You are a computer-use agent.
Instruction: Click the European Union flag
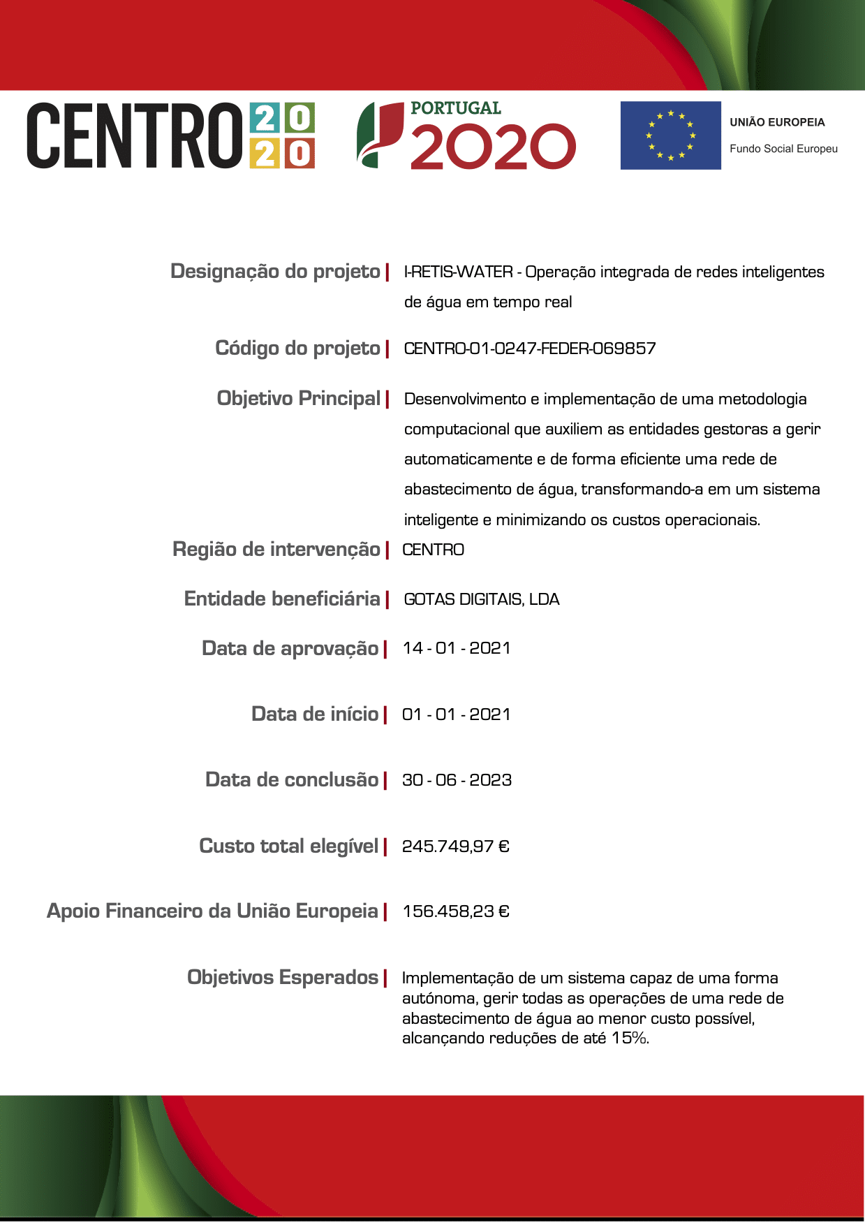[x=670, y=135]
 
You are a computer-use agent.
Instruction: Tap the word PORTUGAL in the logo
[x=455, y=108]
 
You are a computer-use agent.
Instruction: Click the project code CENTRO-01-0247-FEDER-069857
[x=530, y=348]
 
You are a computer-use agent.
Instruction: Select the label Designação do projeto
[x=275, y=271]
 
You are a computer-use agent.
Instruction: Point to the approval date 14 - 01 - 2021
[x=457, y=648]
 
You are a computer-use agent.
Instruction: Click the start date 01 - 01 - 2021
[x=457, y=714]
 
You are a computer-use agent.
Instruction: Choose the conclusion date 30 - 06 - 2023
[x=457, y=780]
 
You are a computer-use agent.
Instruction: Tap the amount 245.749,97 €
[x=456, y=846]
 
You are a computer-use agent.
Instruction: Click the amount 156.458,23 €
[x=456, y=911]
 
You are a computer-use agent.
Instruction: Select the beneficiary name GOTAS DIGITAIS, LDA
[x=482, y=599]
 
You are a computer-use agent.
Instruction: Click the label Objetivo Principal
[x=299, y=398]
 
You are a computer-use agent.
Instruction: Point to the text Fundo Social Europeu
[x=783, y=149]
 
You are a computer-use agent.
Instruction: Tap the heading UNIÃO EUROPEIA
[x=777, y=122]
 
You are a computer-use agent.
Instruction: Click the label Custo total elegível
[x=289, y=846]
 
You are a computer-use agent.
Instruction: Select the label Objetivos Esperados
[x=283, y=977]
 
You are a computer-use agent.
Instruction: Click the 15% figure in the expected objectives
[x=629, y=1039]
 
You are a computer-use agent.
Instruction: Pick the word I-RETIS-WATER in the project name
[x=458, y=272]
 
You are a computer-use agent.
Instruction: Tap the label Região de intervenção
[x=276, y=550]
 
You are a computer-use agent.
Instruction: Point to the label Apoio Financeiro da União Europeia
[x=212, y=911]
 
